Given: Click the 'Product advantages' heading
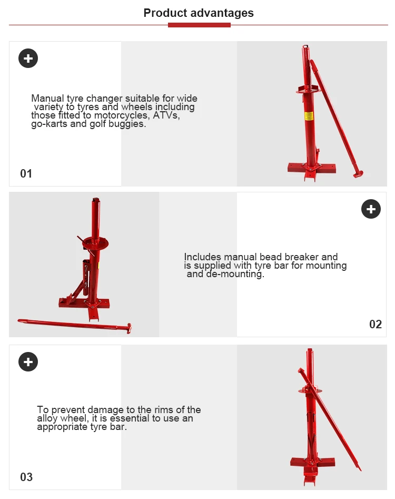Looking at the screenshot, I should pos(199,13).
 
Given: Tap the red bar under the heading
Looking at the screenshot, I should pos(199,25).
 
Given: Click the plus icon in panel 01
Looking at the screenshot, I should pos(28,58).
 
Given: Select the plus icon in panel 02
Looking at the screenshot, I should pos(371,209).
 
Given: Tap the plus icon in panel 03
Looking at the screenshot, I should pos(28,362).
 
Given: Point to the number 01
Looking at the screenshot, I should pos(26,173).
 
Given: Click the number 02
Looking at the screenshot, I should pos(375,324).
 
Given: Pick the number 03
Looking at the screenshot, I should pos(26,477).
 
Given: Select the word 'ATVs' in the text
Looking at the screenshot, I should pos(166,115).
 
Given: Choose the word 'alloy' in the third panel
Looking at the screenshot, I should pos(48,418).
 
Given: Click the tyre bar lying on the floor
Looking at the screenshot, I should pos(74,324).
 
